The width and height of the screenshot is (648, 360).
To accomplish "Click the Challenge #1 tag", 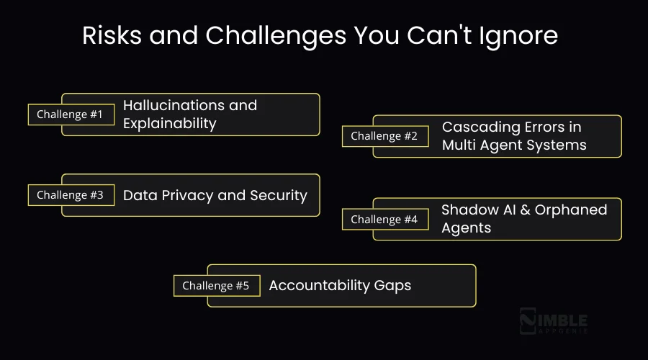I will pos(71,114).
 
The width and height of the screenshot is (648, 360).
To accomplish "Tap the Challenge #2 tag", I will pos(384,136).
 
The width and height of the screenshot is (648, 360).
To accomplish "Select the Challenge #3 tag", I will pos(71,195).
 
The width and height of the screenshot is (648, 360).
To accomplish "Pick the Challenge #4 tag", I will pos(384,220).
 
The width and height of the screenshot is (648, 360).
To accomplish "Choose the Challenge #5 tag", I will pos(216,286).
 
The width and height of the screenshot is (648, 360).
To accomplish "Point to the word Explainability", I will pos(169,123).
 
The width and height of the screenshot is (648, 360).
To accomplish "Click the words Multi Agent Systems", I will pos(514,145).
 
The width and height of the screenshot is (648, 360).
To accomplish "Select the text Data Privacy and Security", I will pos(215,195).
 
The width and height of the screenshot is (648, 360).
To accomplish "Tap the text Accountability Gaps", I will pos(340,285).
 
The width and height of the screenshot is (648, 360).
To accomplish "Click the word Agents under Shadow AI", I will pos(466,228).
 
